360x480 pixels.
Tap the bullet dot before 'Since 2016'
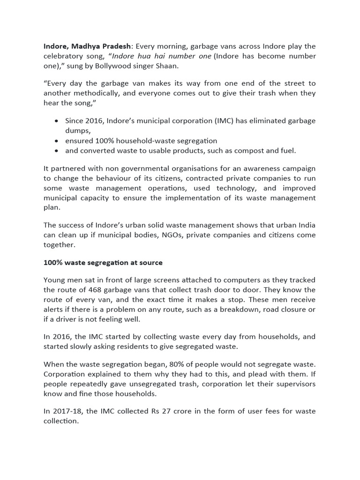(x=56, y=121)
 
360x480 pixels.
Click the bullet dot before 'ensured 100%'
(x=56, y=141)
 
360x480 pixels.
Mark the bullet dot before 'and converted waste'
(x=56, y=151)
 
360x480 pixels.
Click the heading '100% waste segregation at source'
(x=103, y=263)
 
